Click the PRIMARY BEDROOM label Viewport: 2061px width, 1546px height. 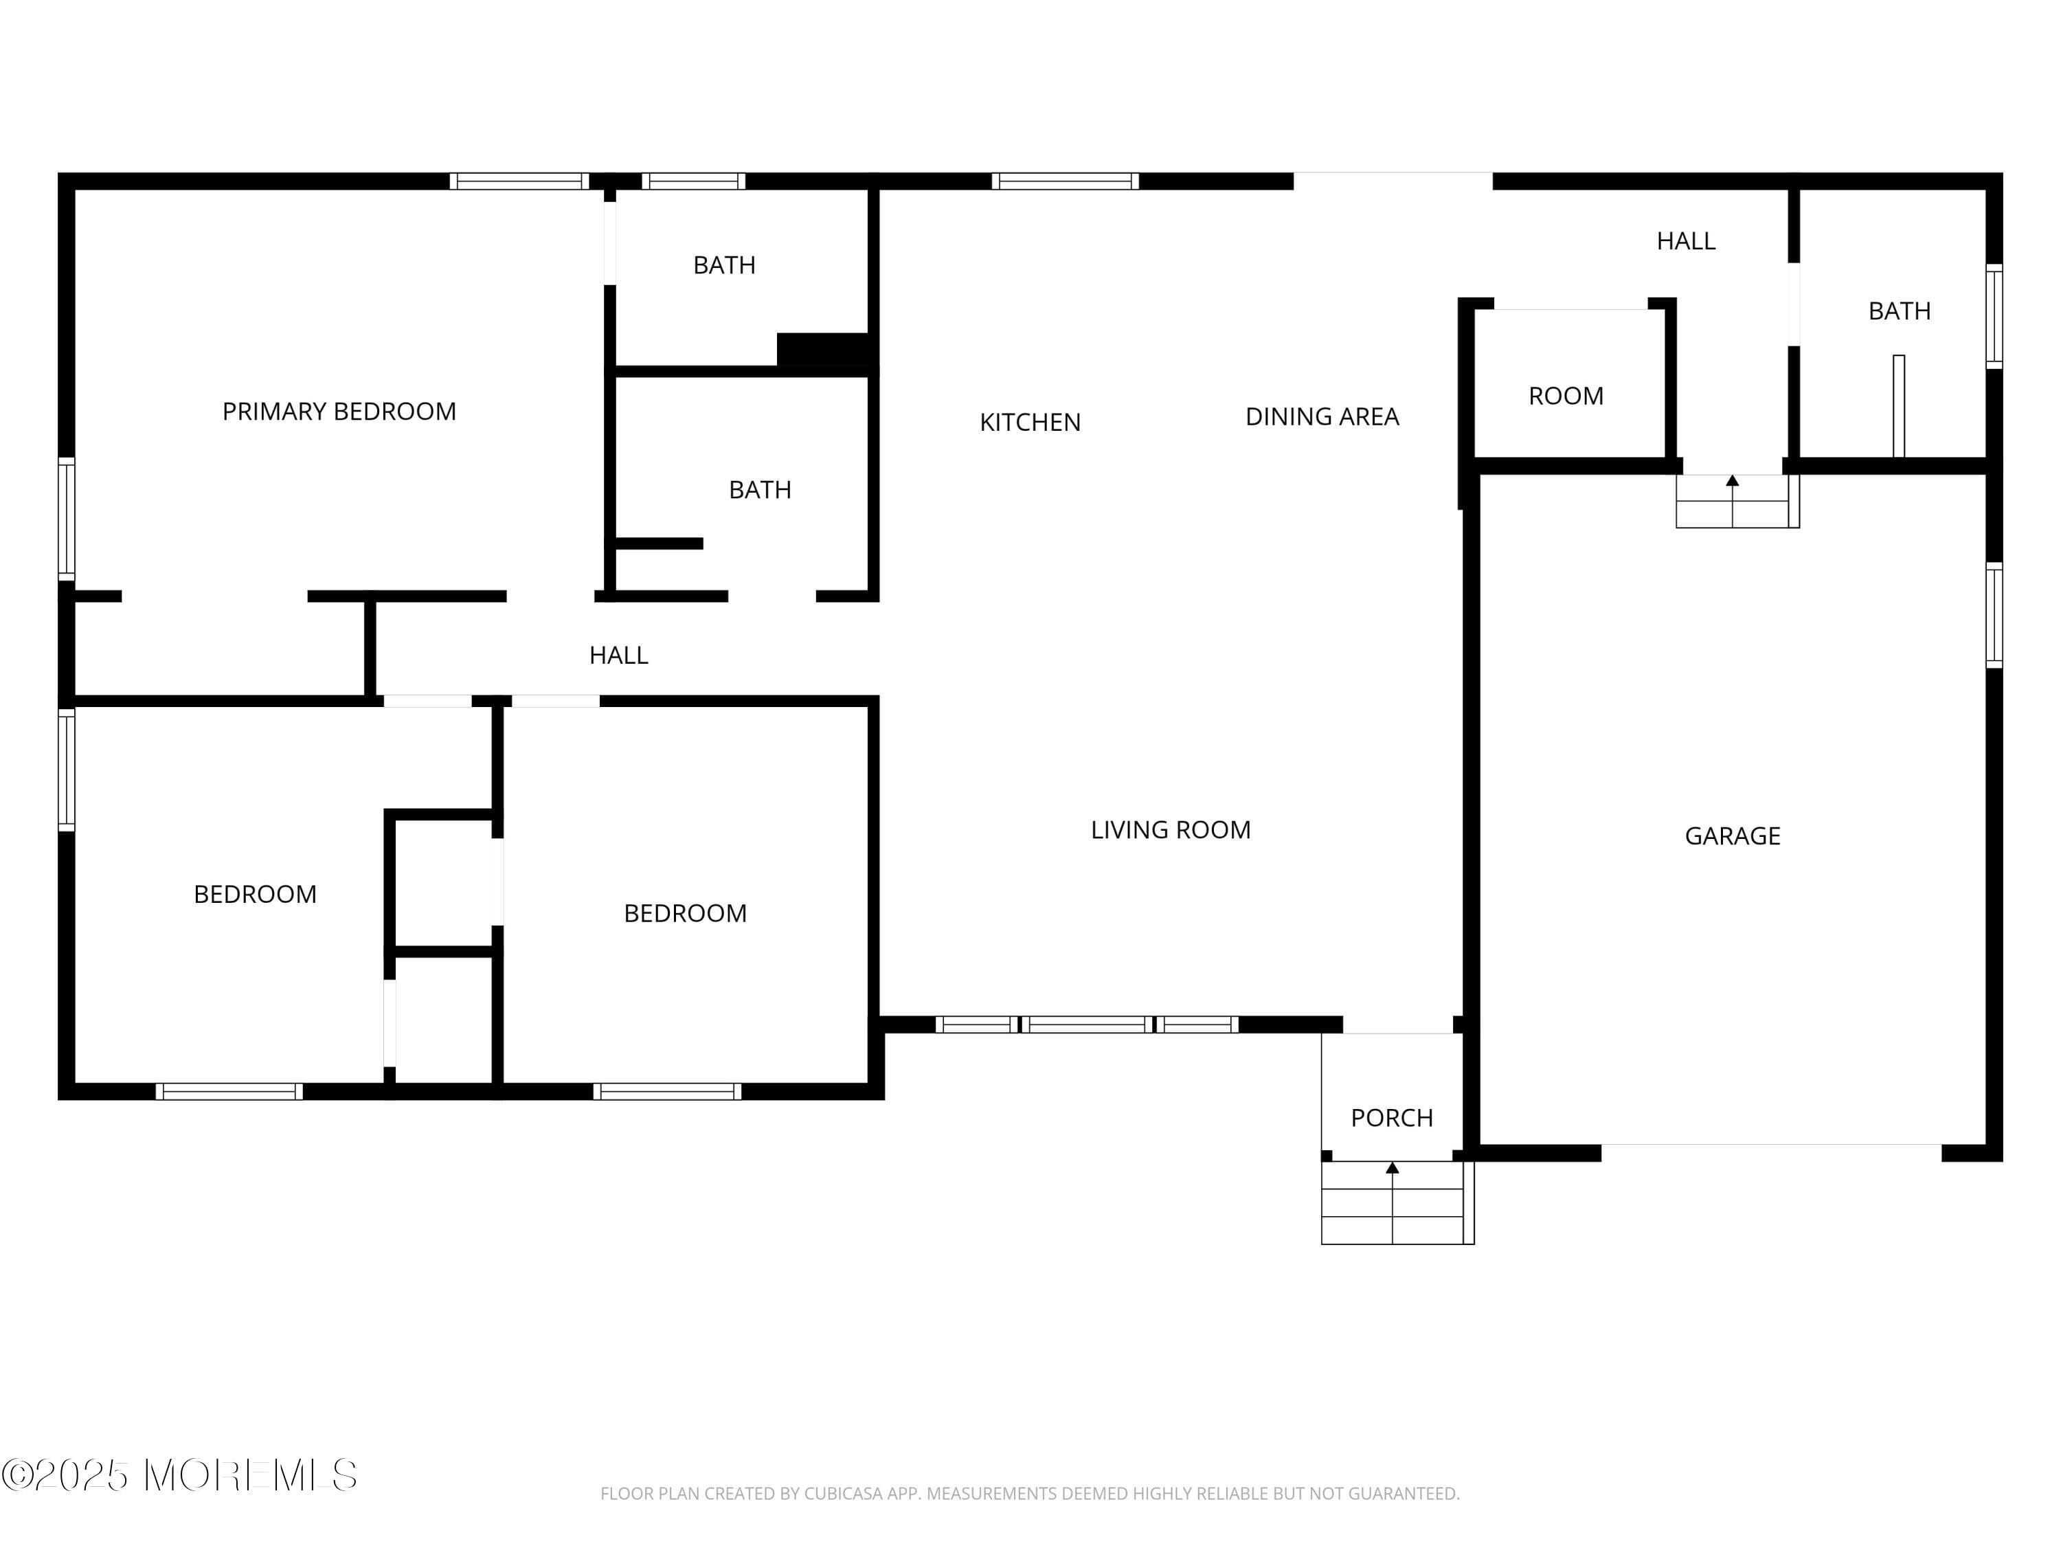[x=339, y=411]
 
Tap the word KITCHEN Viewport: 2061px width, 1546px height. [x=1030, y=422]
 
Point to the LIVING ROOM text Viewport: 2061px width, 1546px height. [x=1170, y=829]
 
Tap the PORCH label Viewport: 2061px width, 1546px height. [x=1392, y=1117]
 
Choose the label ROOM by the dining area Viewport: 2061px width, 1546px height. [x=1565, y=396]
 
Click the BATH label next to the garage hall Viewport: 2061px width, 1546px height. [x=1899, y=311]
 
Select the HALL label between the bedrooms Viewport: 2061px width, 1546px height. [x=619, y=655]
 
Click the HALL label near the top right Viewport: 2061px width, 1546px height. [x=1685, y=241]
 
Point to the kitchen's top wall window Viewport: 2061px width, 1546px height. [x=1064, y=181]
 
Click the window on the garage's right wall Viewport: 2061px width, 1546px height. [x=1994, y=615]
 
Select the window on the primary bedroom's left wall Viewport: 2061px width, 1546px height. [x=66, y=518]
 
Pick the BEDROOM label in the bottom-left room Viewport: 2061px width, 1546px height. [x=256, y=895]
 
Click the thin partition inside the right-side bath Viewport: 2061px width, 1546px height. [x=1898, y=405]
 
